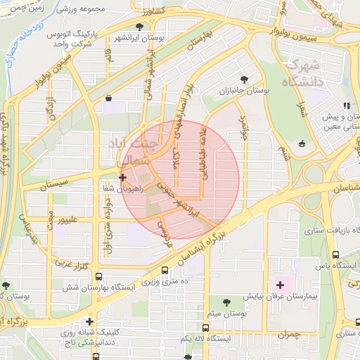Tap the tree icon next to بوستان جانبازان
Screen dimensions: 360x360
(x=245, y=79)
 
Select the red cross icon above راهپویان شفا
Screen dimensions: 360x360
(x=123, y=177)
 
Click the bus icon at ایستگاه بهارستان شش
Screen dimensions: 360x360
(x=98, y=276)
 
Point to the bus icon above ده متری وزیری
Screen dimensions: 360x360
(x=165, y=270)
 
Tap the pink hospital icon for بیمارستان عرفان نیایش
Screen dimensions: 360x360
(x=281, y=285)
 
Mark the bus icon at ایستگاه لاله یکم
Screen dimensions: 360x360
(x=205, y=328)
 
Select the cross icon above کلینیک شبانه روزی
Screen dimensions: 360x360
(x=89, y=321)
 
